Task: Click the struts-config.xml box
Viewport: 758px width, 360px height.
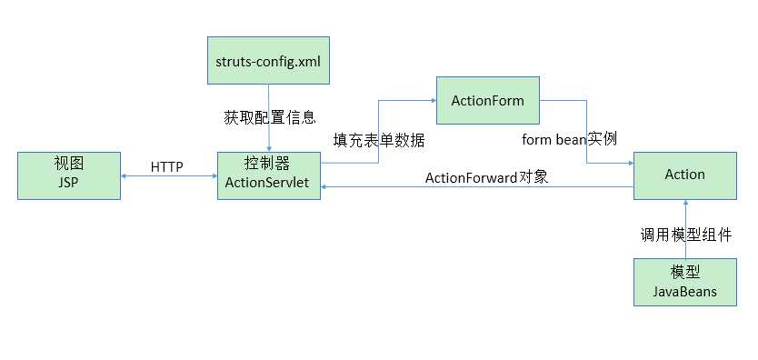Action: click(268, 61)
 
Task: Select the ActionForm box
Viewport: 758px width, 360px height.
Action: click(488, 100)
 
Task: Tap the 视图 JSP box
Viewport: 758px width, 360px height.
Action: click(68, 175)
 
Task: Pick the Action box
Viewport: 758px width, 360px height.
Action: click(684, 175)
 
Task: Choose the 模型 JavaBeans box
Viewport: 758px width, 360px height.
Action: click(684, 283)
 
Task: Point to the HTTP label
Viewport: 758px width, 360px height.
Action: click(167, 166)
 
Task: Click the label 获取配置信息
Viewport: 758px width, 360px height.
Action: click(270, 117)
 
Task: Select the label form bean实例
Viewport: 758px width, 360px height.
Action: click(570, 139)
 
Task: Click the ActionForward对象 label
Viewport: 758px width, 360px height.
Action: click(487, 176)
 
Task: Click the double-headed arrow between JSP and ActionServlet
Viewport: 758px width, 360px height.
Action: click(168, 178)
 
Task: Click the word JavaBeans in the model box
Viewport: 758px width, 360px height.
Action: click(684, 292)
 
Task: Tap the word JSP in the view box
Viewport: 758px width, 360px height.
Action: click(68, 183)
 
